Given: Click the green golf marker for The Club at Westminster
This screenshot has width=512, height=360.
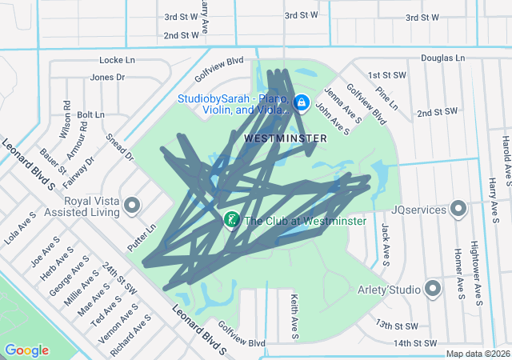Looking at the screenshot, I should pyautogui.click(x=231, y=219).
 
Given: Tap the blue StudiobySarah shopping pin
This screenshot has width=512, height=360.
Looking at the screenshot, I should pyautogui.click(x=302, y=102).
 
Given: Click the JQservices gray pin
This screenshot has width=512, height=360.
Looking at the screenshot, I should pyautogui.click(x=458, y=209).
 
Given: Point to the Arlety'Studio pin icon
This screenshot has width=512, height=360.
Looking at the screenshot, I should pyautogui.click(x=434, y=288).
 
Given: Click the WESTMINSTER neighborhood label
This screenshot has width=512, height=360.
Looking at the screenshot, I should pyautogui.click(x=285, y=138).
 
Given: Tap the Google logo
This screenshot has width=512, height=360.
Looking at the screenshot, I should pyautogui.click(x=26, y=350).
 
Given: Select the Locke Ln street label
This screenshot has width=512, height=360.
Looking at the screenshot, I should pyautogui.click(x=117, y=60).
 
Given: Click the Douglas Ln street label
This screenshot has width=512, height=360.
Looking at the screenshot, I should pyautogui.click(x=442, y=58).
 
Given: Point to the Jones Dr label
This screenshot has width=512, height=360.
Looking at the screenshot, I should pyautogui.click(x=108, y=78).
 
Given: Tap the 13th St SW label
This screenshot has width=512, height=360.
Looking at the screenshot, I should pyautogui.click(x=397, y=326).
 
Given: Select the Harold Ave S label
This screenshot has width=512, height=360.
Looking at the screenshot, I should pyautogui.click(x=505, y=157).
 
